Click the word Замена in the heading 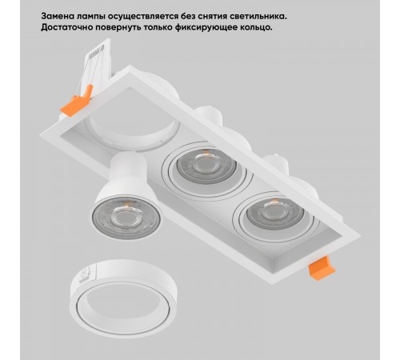57,16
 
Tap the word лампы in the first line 90,17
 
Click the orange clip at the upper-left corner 77,101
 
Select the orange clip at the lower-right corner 321,268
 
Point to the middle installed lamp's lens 206,165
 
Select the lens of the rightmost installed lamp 275,213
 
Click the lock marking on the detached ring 84,274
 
